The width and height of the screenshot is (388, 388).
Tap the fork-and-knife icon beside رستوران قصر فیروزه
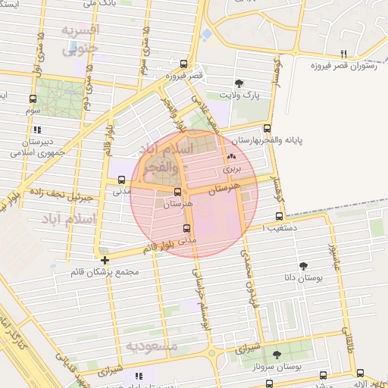(344, 54)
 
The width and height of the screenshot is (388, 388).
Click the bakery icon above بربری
(231, 157)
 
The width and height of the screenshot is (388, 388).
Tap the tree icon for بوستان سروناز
(277, 354)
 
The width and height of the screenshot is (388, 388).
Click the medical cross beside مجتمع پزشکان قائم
(105, 260)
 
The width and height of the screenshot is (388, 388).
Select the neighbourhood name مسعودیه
(152, 346)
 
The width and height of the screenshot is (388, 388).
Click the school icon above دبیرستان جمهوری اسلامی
(37, 130)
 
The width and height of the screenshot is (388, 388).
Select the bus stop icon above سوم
(33, 99)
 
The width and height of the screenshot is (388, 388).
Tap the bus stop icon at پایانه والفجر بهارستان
(266, 129)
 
